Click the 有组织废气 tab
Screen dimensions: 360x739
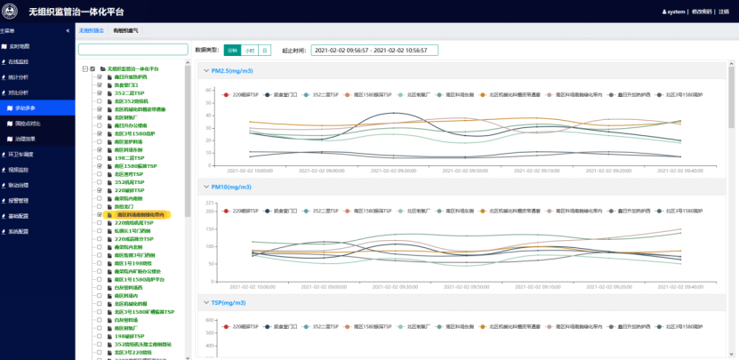click(125, 30)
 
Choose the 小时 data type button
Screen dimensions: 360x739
click(249, 51)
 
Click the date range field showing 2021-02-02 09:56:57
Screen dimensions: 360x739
click(374, 51)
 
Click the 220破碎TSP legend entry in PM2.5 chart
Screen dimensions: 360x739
click(242, 93)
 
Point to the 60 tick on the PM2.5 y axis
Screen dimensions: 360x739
click(212, 90)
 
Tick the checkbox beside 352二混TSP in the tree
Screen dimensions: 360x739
click(100, 92)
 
